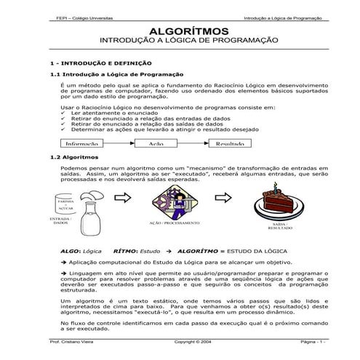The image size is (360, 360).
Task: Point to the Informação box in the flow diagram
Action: (82, 144)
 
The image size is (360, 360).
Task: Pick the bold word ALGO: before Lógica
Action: (69, 249)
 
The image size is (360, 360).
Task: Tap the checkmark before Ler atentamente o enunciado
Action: (64, 114)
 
